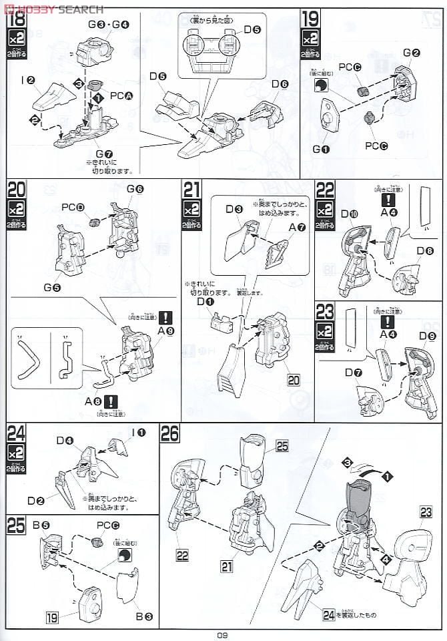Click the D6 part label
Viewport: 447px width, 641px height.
click(x=280, y=84)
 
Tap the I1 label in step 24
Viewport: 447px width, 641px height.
click(x=139, y=432)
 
